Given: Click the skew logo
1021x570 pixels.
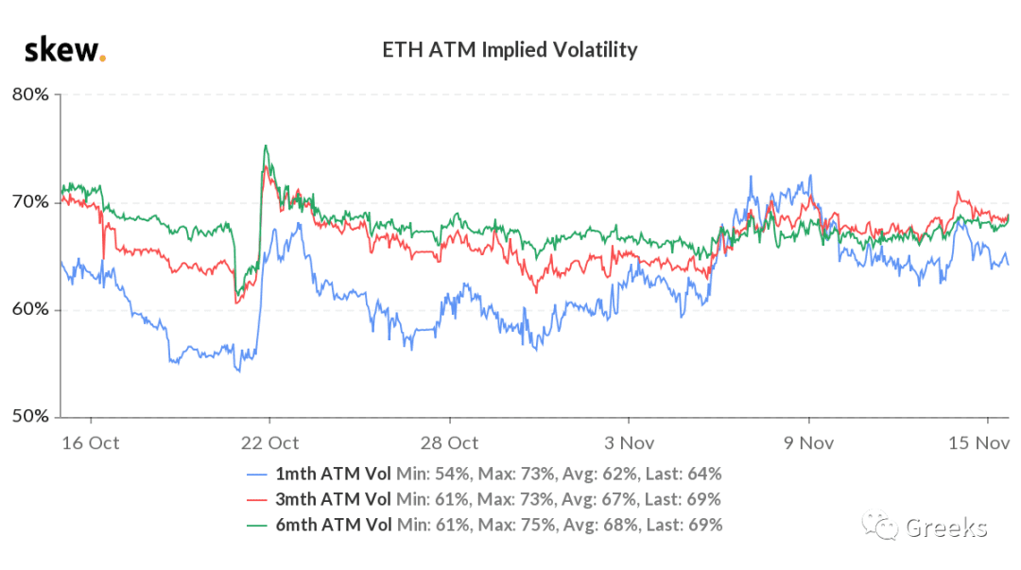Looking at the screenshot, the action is point(65,50).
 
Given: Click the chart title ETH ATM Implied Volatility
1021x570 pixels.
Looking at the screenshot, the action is point(510,49).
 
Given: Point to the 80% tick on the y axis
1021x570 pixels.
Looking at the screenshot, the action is point(30,95).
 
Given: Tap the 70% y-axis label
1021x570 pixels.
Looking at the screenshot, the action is point(30,202).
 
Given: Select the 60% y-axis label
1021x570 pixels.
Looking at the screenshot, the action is point(30,309).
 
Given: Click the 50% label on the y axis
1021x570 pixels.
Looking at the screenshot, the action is point(30,416).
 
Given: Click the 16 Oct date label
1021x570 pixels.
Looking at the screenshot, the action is point(91,443).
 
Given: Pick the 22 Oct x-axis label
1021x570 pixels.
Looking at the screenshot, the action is point(269,443).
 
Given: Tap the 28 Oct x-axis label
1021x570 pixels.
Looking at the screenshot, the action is point(449,443).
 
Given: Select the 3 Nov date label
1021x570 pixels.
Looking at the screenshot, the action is point(629,443).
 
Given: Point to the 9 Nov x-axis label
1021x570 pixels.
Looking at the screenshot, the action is point(808,443).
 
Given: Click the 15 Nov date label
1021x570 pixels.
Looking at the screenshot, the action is point(978,443).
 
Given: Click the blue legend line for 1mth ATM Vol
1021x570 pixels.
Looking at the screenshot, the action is point(257,475).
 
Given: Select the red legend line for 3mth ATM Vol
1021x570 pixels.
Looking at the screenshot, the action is point(257,500).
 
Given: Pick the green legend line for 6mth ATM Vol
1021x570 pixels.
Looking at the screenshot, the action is point(257,526).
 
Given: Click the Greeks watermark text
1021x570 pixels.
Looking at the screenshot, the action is point(946,527).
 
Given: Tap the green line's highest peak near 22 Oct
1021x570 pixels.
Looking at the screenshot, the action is point(265,146).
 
